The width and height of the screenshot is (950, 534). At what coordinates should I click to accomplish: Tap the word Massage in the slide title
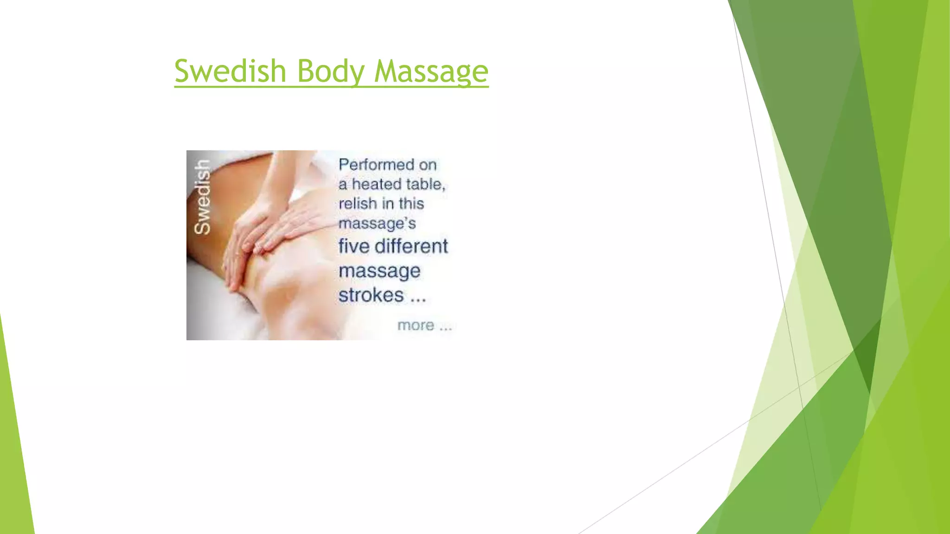[431, 72]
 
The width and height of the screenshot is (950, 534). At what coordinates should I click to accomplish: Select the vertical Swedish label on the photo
[202, 197]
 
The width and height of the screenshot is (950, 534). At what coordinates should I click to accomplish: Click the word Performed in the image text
[376, 165]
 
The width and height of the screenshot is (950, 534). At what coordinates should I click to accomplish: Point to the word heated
[378, 184]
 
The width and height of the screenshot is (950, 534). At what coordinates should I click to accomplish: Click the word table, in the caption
[425, 184]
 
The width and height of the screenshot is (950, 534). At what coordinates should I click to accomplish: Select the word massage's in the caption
[377, 223]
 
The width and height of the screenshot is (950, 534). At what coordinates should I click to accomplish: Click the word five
[353, 246]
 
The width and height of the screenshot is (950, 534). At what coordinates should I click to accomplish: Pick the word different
[411, 246]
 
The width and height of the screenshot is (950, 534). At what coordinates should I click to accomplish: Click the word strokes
[371, 295]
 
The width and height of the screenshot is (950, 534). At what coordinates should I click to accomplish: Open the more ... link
[424, 325]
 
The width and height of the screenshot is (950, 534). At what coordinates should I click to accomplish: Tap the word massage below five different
[379, 271]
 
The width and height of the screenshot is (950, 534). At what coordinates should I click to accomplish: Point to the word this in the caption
[411, 203]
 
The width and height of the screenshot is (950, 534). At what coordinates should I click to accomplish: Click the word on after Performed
[428, 165]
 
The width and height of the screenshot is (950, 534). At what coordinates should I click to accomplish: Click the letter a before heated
[342, 185]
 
